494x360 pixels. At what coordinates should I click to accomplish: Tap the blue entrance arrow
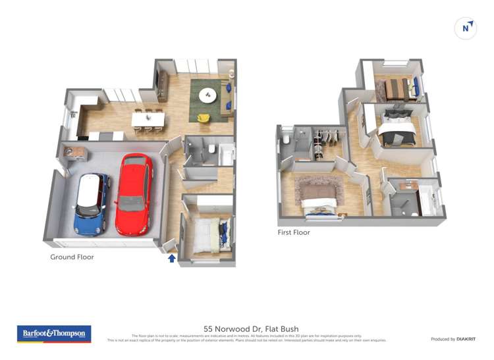pos(172,258)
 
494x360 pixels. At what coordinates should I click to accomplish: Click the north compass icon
pos(466,28)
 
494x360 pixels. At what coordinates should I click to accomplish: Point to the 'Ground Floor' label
pos(72,257)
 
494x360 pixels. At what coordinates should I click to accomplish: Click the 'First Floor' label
pos(294,232)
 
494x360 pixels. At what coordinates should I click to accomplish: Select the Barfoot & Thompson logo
pos(54,334)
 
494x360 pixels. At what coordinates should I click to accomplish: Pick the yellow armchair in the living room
pos(204,118)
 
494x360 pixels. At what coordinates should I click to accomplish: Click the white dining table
pos(148,118)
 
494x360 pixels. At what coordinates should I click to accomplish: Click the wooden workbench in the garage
pos(75,153)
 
